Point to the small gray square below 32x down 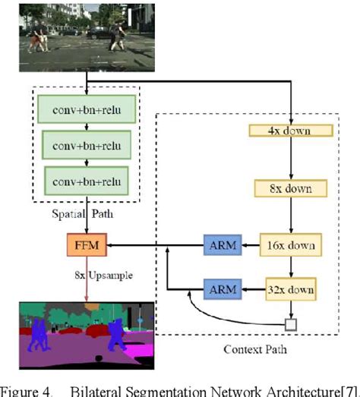[289, 325]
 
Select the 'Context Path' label [251, 350]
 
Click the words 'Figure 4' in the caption [31, 389]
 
